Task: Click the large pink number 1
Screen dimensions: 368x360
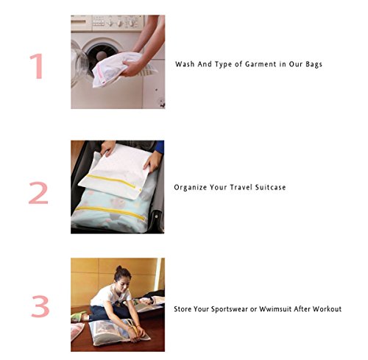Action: click(38, 66)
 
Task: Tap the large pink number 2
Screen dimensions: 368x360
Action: click(38, 193)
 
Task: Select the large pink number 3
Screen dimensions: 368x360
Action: click(40, 306)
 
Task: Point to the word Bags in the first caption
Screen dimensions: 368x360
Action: click(314, 64)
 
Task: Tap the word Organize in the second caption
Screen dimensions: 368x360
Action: click(190, 188)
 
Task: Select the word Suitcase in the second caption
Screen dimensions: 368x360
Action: click(270, 187)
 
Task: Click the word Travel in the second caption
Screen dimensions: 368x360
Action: click(241, 187)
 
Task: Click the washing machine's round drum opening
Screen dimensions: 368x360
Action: click(102, 56)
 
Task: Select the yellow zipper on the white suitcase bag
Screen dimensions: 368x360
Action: click(111, 180)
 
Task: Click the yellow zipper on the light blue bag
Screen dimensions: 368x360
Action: click(110, 212)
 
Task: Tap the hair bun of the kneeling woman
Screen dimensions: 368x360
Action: click(119, 268)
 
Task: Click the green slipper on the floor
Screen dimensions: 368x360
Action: click(78, 316)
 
